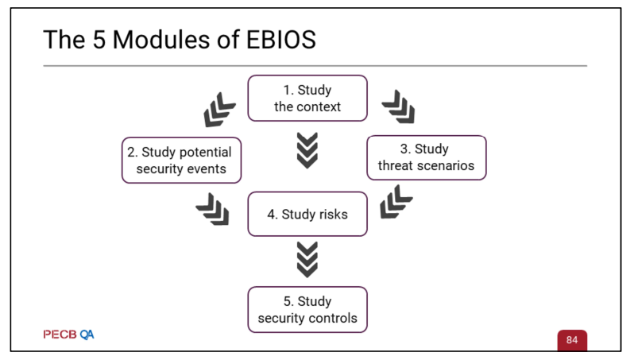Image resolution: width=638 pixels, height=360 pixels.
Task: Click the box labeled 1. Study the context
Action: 307,98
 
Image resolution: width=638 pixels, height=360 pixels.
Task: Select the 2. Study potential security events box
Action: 181,161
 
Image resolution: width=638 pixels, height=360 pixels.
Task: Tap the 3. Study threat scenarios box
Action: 427,158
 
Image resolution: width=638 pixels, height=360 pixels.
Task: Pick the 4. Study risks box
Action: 307,214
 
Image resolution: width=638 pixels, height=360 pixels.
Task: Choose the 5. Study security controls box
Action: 307,310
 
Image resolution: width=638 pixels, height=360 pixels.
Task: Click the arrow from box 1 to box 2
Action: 219,110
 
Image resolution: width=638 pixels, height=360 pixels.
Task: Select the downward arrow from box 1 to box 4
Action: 307,150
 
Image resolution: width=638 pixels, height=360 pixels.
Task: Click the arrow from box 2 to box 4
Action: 213,210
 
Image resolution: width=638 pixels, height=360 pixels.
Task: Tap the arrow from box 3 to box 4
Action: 396,202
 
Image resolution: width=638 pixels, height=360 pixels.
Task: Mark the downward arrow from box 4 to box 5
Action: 307,260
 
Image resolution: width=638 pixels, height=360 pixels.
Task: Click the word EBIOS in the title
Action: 280,40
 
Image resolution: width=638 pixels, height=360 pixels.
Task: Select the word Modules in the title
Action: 162,40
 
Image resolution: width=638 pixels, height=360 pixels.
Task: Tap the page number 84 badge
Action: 572,340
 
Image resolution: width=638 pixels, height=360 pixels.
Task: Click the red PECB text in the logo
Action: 60,335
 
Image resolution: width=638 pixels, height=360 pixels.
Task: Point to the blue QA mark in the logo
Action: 87,335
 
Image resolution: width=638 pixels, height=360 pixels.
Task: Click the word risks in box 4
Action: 333,215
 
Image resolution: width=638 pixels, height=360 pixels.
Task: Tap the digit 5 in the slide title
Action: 99,40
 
